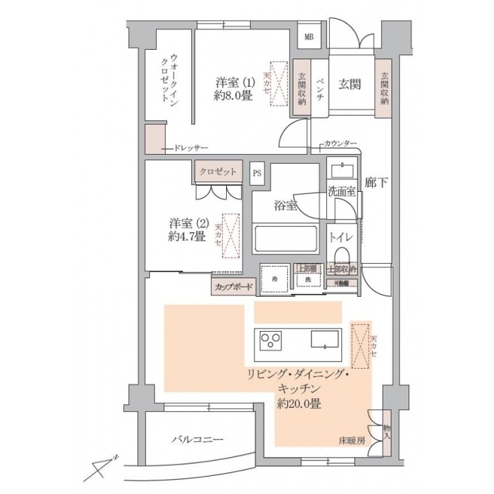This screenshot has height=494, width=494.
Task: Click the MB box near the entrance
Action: click(310, 37)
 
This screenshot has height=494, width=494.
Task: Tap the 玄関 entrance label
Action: click(349, 84)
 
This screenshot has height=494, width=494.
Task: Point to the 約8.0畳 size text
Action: click(234, 96)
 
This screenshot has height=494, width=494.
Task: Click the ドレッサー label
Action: click(190, 147)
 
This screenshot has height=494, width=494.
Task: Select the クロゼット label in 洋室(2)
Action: click(217, 172)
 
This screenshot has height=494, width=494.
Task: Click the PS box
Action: click(257, 173)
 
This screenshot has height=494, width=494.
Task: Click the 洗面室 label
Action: click(341, 190)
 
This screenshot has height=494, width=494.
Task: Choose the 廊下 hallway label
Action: click(375, 182)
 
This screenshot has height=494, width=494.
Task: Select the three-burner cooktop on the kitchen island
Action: click(271, 341)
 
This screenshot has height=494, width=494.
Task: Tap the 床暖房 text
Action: click(351, 442)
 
